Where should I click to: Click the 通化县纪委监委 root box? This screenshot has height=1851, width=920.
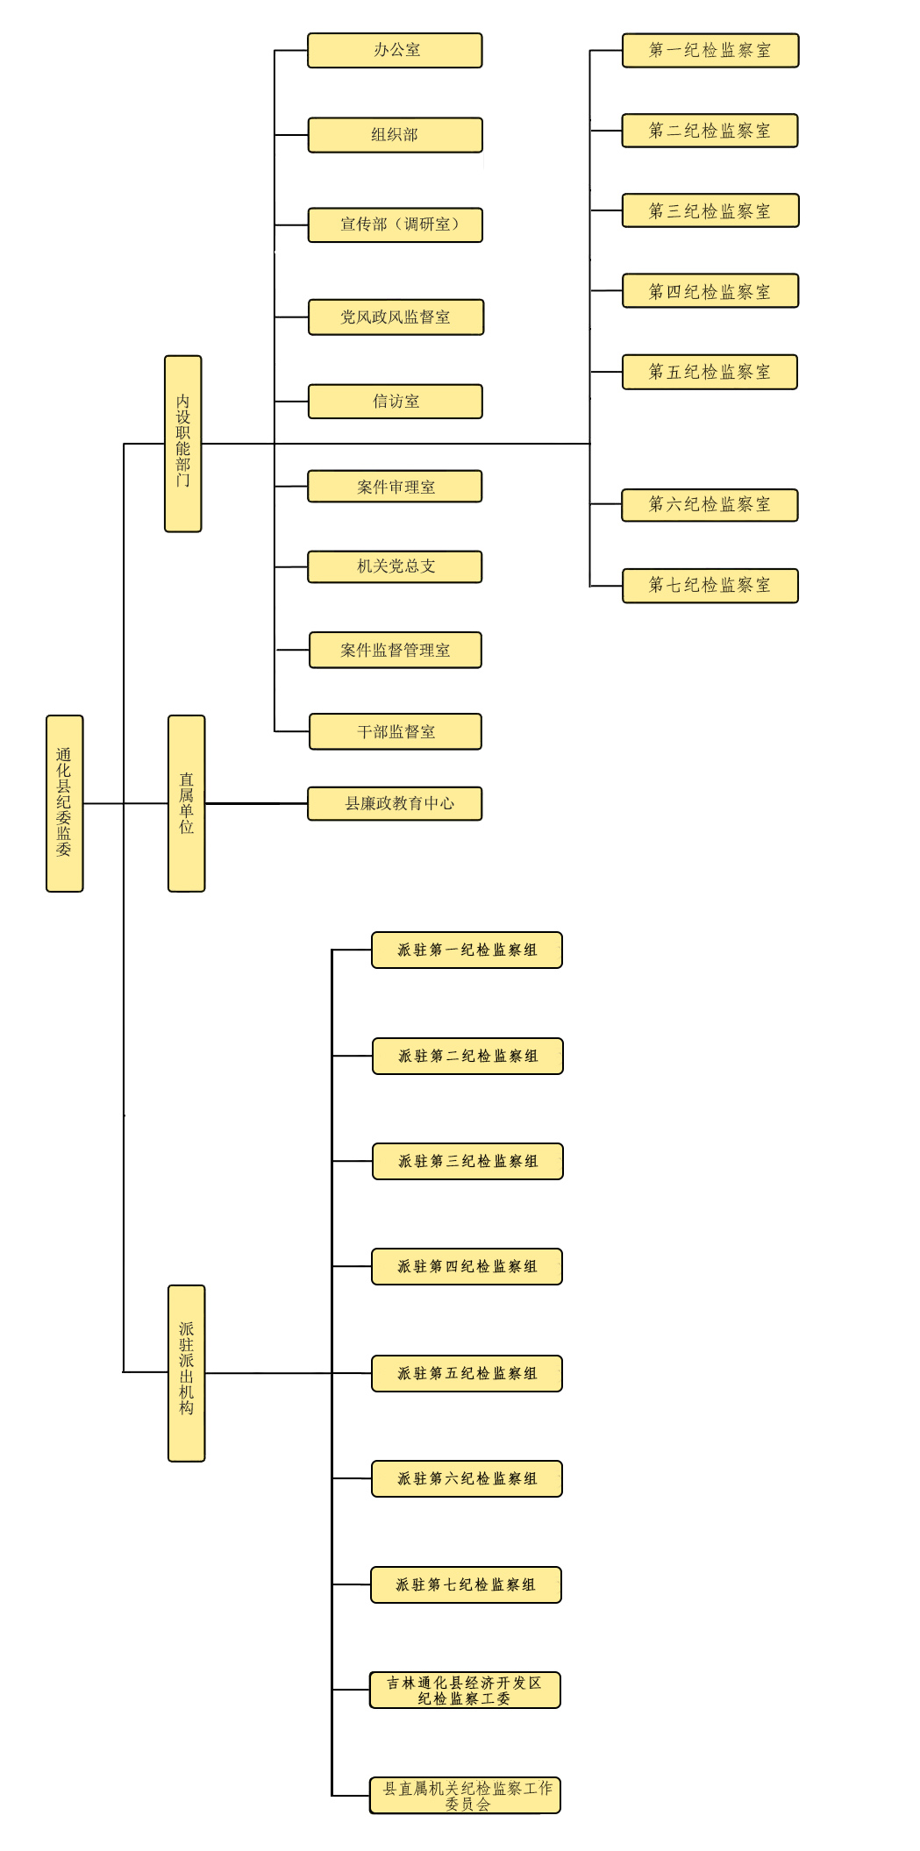(65, 803)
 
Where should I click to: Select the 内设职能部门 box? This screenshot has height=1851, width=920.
(183, 444)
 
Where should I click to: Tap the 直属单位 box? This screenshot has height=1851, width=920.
(187, 803)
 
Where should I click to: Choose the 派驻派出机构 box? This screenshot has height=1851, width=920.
(187, 1373)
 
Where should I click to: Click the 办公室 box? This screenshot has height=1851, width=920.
(396, 51)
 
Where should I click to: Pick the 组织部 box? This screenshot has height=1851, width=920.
(396, 135)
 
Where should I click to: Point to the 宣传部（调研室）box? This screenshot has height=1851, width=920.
(396, 225)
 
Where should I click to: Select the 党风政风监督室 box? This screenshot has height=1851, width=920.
(396, 317)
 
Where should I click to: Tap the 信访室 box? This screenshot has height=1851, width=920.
(396, 402)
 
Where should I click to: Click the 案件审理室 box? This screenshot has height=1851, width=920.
(395, 487)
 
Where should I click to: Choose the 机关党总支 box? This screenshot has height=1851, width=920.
(395, 566)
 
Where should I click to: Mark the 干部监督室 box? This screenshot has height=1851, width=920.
(396, 731)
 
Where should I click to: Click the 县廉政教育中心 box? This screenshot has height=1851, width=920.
(395, 803)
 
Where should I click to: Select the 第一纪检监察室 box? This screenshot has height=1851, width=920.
(710, 51)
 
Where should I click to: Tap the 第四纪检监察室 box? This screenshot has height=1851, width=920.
(710, 291)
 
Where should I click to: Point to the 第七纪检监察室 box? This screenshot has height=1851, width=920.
(710, 586)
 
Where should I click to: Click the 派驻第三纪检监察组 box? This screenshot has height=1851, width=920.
(467, 1162)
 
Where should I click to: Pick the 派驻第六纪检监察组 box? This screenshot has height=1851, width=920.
(467, 1479)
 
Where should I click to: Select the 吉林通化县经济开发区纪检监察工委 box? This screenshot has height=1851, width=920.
(465, 1691)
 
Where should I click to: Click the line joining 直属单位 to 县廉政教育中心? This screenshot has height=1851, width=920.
(256, 803)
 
